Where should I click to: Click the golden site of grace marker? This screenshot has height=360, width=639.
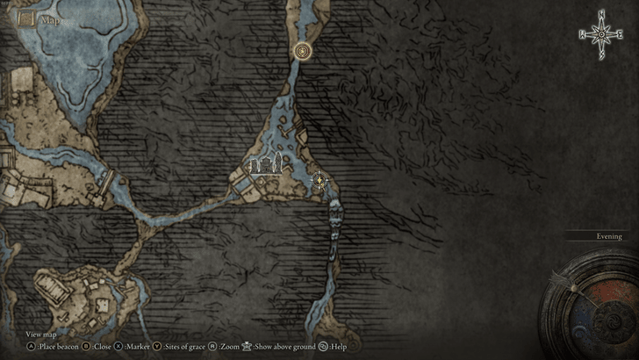click(303, 52)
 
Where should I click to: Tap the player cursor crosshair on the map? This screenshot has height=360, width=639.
click(320, 182)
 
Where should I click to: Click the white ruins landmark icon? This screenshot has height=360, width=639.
click(266, 163)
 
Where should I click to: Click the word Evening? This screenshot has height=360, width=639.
click(608, 236)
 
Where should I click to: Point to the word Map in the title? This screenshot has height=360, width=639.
click(51, 19)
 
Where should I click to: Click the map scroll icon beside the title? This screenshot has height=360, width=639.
click(26, 18)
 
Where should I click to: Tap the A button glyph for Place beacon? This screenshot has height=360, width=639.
click(30, 347)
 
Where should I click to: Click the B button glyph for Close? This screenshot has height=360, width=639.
click(86, 347)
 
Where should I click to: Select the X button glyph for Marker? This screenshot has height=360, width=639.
click(119, 347)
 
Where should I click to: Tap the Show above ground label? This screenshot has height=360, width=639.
click(284, 347)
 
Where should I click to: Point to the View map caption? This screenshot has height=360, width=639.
click(40, 335)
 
